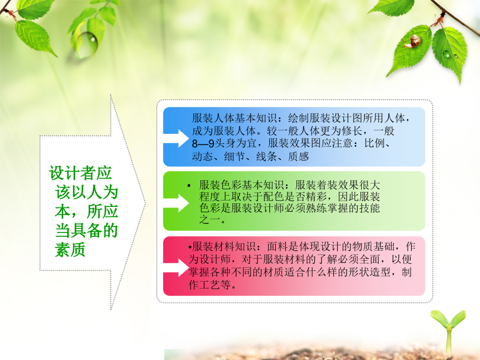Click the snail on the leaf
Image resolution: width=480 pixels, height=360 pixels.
(412, 41)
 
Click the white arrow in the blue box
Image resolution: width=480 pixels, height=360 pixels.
(176, 138)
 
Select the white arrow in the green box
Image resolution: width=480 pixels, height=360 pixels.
(176, 203)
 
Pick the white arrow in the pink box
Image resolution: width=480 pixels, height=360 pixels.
(176, 268)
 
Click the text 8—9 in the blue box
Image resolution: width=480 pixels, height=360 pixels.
(203, 143)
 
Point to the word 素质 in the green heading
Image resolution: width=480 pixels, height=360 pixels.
(70, 250)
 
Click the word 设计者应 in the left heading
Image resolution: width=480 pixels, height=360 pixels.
(81, 173)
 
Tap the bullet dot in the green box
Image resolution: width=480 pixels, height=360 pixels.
(189, 186)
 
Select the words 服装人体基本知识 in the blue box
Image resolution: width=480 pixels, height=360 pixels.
(235, 118)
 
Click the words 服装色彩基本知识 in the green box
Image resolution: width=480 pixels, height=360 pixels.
(241, 185)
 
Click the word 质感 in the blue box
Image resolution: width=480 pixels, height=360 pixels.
(298, 156)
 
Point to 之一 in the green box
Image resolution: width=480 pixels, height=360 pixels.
(210, 220)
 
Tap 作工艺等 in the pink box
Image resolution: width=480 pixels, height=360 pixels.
(210, 285)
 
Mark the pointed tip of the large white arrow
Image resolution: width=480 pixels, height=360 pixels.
(146, 202)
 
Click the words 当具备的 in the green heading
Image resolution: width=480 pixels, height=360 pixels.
(86, 230)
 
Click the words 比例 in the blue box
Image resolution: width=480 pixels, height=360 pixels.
(374, 143)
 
